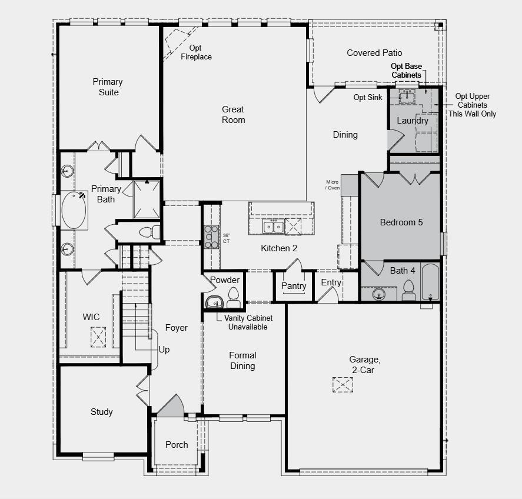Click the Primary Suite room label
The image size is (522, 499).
click(x=107, y=87)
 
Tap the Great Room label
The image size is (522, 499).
click(x=233, y=114)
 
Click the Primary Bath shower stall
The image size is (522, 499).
click(x=147, y=199)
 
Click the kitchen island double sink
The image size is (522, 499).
click(x=274, y=226)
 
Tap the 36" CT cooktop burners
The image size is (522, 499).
click(x=211, y=237)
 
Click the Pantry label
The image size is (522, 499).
click(x=294, y=286)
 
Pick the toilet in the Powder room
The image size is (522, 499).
click(x=233, y=298)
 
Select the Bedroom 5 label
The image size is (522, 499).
click(x=401, y=222)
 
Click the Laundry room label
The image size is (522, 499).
click(x=412, y=121)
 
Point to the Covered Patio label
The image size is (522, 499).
click(x=374, y=53)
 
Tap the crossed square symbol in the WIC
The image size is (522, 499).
click(x=98, y=336)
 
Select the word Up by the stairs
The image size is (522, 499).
click(x=164, y=350)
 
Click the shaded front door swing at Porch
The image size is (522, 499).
click(x=171, y=407)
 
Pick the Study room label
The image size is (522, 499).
click(x=101, y=412)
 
